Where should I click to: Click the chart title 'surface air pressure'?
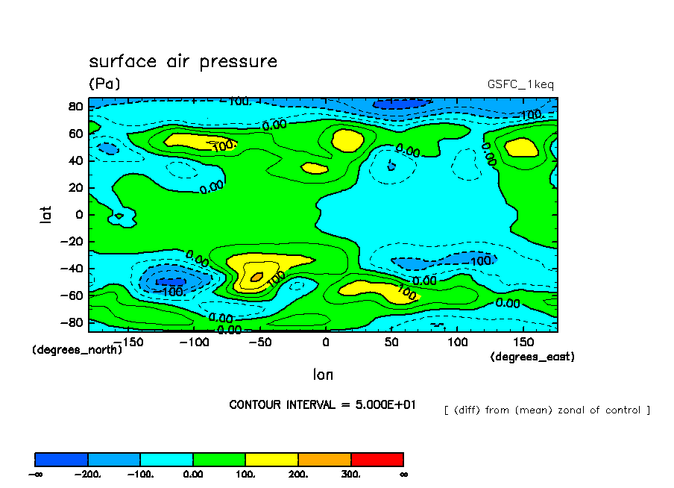tap(183, 61)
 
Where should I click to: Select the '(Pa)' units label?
tap(104, 84)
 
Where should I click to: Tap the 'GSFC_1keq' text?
tap(520, 84)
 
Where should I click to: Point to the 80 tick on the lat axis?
tap(75, 106)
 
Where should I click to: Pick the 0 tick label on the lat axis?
tap(79, 215)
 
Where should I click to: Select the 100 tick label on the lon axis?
tap(457, 342)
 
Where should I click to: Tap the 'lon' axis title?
tap(323, 375)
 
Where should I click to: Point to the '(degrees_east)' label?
tap(532, 357)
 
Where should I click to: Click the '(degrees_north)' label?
tap(77, 349)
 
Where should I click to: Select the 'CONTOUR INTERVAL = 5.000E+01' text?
tap(322, 404)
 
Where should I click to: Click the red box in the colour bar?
tap(377, 459)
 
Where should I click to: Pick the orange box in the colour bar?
tap(324, 459)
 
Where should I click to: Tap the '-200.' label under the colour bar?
tap(89, 474)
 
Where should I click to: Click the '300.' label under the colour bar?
tap(351, 474)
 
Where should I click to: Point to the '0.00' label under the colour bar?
tap(193, 474)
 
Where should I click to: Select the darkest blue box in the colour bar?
tap(62, 459)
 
